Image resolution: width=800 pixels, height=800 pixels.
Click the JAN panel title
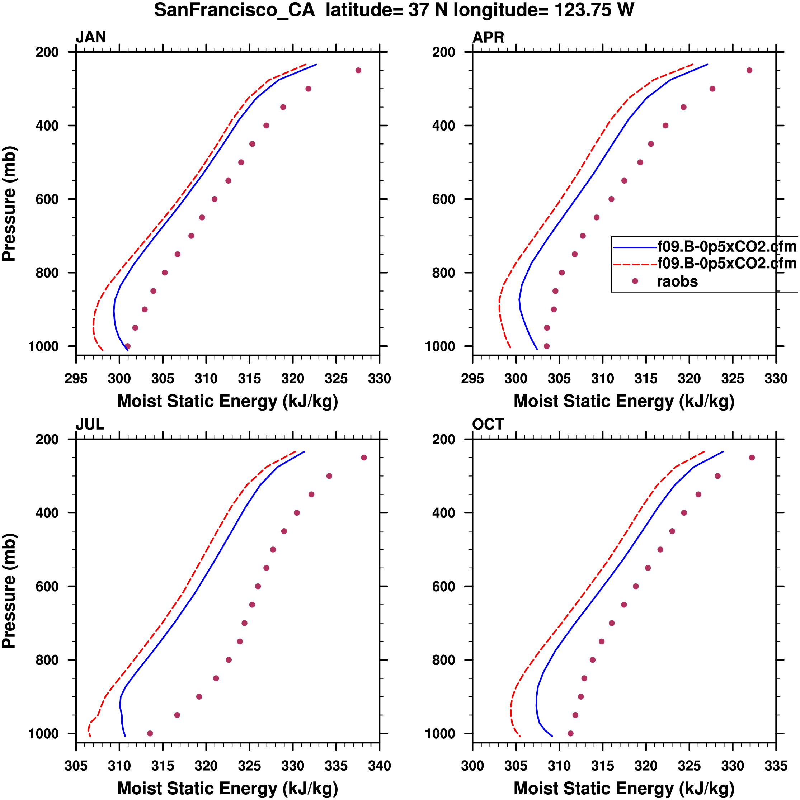pyautogui.click(x=91, y=37)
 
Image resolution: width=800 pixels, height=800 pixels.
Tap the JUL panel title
pyautogui.click(x=90, y=425)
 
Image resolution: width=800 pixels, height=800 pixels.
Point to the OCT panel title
pyautogui.click(x=488, y=425)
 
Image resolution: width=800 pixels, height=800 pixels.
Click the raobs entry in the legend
pyautogui.click(x=677, y=281)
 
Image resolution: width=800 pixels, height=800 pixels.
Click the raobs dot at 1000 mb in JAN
pyautogui.click(x=128, y=346)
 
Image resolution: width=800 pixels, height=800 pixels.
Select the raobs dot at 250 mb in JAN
pyautogui.click(x=358, y=70)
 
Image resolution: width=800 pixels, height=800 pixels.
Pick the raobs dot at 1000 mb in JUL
pyautogui.click(x=150, y=733)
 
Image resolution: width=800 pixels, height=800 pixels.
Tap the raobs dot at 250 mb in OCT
pyautogui.click(x=752, y=458)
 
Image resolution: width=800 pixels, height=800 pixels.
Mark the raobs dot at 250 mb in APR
pyautogui.click(x=749, y=70)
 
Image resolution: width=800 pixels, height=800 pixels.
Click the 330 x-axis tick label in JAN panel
pyautogui.click(x=380, y=378)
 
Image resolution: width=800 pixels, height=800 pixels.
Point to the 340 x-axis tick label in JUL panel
pyautogui.click(x=380, y=766)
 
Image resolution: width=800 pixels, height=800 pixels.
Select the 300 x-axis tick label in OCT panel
pyautogui.click(x=473, y=766)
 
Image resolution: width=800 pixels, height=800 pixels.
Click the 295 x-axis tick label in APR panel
pyautogui.click(x=473, y=378)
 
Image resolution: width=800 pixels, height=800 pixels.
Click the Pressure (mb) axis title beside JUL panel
pyautogui.click(x=9, y=591)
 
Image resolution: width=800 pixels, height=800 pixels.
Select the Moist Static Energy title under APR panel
pyautogui.click(x=624, y=401)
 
